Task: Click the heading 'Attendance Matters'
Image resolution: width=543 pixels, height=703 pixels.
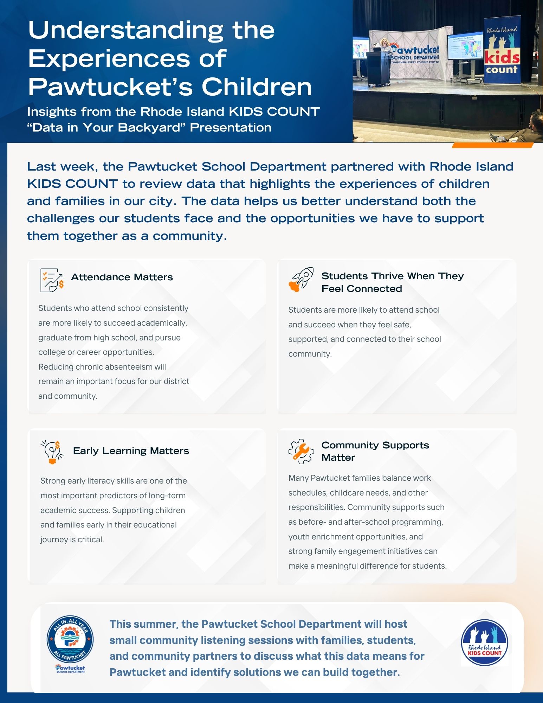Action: coord(122,277)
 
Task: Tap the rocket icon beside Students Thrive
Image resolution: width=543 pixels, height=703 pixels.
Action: coord(301,280)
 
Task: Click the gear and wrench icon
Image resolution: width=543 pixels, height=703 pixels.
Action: coord(301,451)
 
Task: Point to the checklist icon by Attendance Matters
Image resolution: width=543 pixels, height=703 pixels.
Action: coord(51,280)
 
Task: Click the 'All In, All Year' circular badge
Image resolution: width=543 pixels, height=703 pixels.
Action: coord(70,639)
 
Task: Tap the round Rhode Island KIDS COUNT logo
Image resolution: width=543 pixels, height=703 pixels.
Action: coord(484,643)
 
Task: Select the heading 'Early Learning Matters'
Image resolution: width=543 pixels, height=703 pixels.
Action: coord(131,451)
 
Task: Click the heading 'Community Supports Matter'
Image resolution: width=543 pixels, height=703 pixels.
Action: coord(375,451)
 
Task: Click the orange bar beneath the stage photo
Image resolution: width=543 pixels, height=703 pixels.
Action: coord(492,145)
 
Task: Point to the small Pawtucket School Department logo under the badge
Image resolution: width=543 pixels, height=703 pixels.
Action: coord(70,669)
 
